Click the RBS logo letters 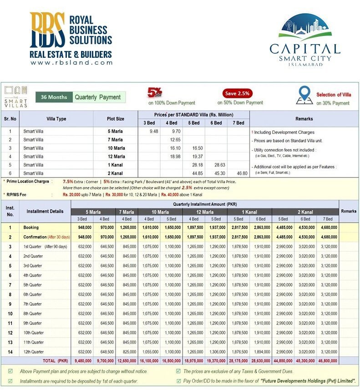(x=48, y=30)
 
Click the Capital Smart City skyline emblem (x=304, y=27)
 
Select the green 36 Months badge (x=54, y=97)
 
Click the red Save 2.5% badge (x=237, y=93)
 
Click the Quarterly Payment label (x=98, y=97)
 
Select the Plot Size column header (x=115, y=119)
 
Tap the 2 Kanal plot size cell (x=115, y=173)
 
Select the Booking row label (x=31, y=227)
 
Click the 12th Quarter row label (x=34, y=352)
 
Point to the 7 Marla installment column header (x=127, y=212)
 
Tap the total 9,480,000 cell (x=82, y=361)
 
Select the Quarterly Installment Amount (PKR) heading (x=205, y=204)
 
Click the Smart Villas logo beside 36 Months (x=15, y=96)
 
